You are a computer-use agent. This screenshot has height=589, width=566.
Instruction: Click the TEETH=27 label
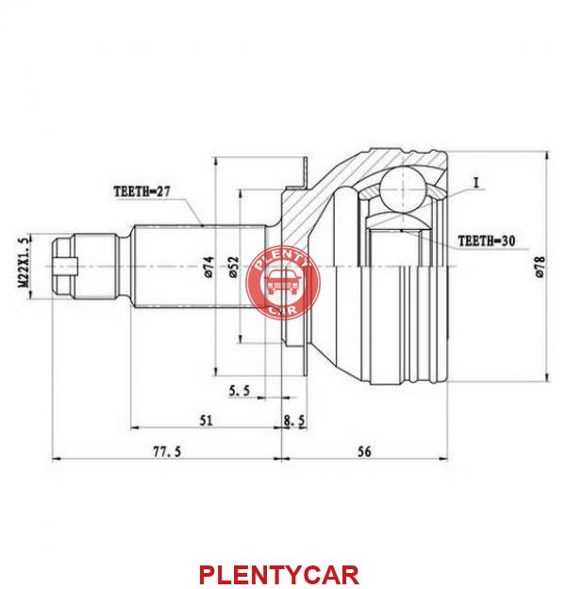point(141,191)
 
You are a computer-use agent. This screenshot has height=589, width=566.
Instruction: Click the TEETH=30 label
point(486,241)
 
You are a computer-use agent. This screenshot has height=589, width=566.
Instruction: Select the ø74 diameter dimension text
point(209,267)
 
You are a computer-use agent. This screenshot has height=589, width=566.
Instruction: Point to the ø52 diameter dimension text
point(234,267)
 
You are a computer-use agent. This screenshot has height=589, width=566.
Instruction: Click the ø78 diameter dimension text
point(540,267)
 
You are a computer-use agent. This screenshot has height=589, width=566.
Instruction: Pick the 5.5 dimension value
point(240,391)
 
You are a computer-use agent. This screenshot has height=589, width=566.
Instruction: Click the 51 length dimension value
point(206,420)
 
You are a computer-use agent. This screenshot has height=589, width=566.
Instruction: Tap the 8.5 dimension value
point(294,421)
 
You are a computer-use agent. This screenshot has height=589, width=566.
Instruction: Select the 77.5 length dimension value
point(167,451)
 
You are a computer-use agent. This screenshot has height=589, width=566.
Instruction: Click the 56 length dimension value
point(364,451)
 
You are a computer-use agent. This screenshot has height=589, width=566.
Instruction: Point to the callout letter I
point(476,184)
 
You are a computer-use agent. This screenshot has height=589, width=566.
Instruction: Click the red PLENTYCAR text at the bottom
point(279,575)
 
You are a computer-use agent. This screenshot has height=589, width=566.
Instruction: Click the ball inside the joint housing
point(403,190)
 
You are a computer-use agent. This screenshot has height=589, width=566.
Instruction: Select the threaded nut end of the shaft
point(85,267)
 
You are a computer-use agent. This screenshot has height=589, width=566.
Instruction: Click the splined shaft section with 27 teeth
point(200,267)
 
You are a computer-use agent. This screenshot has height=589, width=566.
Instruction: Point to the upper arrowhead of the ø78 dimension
point(547,155)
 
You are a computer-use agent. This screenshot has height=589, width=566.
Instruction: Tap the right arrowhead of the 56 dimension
point(443,459)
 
